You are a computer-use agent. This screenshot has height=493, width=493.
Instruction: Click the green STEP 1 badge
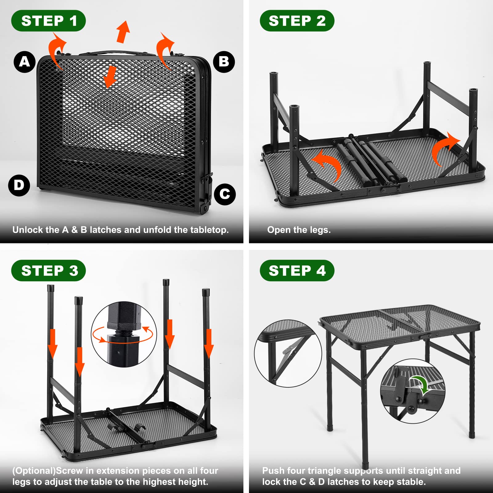pos(48,21)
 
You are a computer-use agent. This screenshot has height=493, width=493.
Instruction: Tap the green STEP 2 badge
pos(297,21)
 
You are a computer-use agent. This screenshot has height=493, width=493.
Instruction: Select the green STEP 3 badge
pos(48,271)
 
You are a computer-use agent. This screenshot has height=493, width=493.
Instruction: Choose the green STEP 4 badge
pos(297,271)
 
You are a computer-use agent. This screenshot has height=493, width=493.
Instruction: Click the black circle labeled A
pos(24,62)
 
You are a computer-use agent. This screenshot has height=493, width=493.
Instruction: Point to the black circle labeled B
pos(224,62)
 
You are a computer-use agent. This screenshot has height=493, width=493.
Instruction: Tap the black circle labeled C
pos(225,194)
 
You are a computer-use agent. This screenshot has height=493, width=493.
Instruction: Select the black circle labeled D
pos(19,185)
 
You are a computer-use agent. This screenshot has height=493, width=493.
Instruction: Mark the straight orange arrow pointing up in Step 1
pos(123,31)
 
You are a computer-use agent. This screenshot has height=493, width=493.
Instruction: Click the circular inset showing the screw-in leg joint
pos(124,334)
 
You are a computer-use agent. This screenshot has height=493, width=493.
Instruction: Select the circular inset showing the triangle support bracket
pos(288,353)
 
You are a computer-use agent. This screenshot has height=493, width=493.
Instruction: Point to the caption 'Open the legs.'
pos(299,230)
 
